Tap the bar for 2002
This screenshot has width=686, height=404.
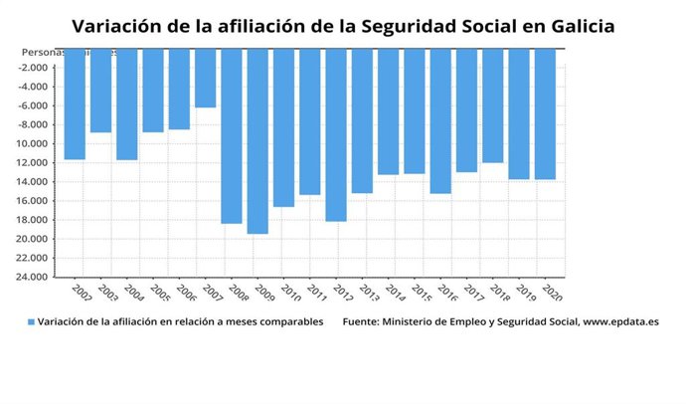point(75,103)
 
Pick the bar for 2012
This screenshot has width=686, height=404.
point(336,134)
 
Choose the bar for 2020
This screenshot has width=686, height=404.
point(545,113)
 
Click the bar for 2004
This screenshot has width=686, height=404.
point(126,103)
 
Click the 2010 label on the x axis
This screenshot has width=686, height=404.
point(289,292)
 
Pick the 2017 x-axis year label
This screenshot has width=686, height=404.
point(472,292)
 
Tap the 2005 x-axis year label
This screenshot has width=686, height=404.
point(159,292)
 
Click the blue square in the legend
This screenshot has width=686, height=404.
point(31,322)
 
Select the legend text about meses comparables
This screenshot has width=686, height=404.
point(180,322)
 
